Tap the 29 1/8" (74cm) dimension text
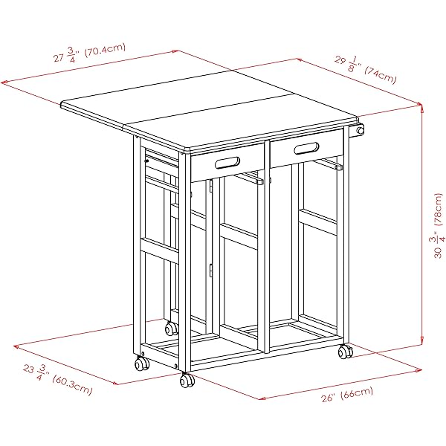365,69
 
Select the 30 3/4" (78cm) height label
437,226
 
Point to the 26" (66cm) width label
347,395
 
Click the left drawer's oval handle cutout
227,162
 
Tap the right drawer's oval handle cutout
306,148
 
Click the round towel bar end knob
360,131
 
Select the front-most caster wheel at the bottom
187,381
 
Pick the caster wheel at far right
346,352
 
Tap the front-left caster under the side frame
142,363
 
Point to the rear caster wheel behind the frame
172,329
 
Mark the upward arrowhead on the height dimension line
421,106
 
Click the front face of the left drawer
227,163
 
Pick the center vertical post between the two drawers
267,247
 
